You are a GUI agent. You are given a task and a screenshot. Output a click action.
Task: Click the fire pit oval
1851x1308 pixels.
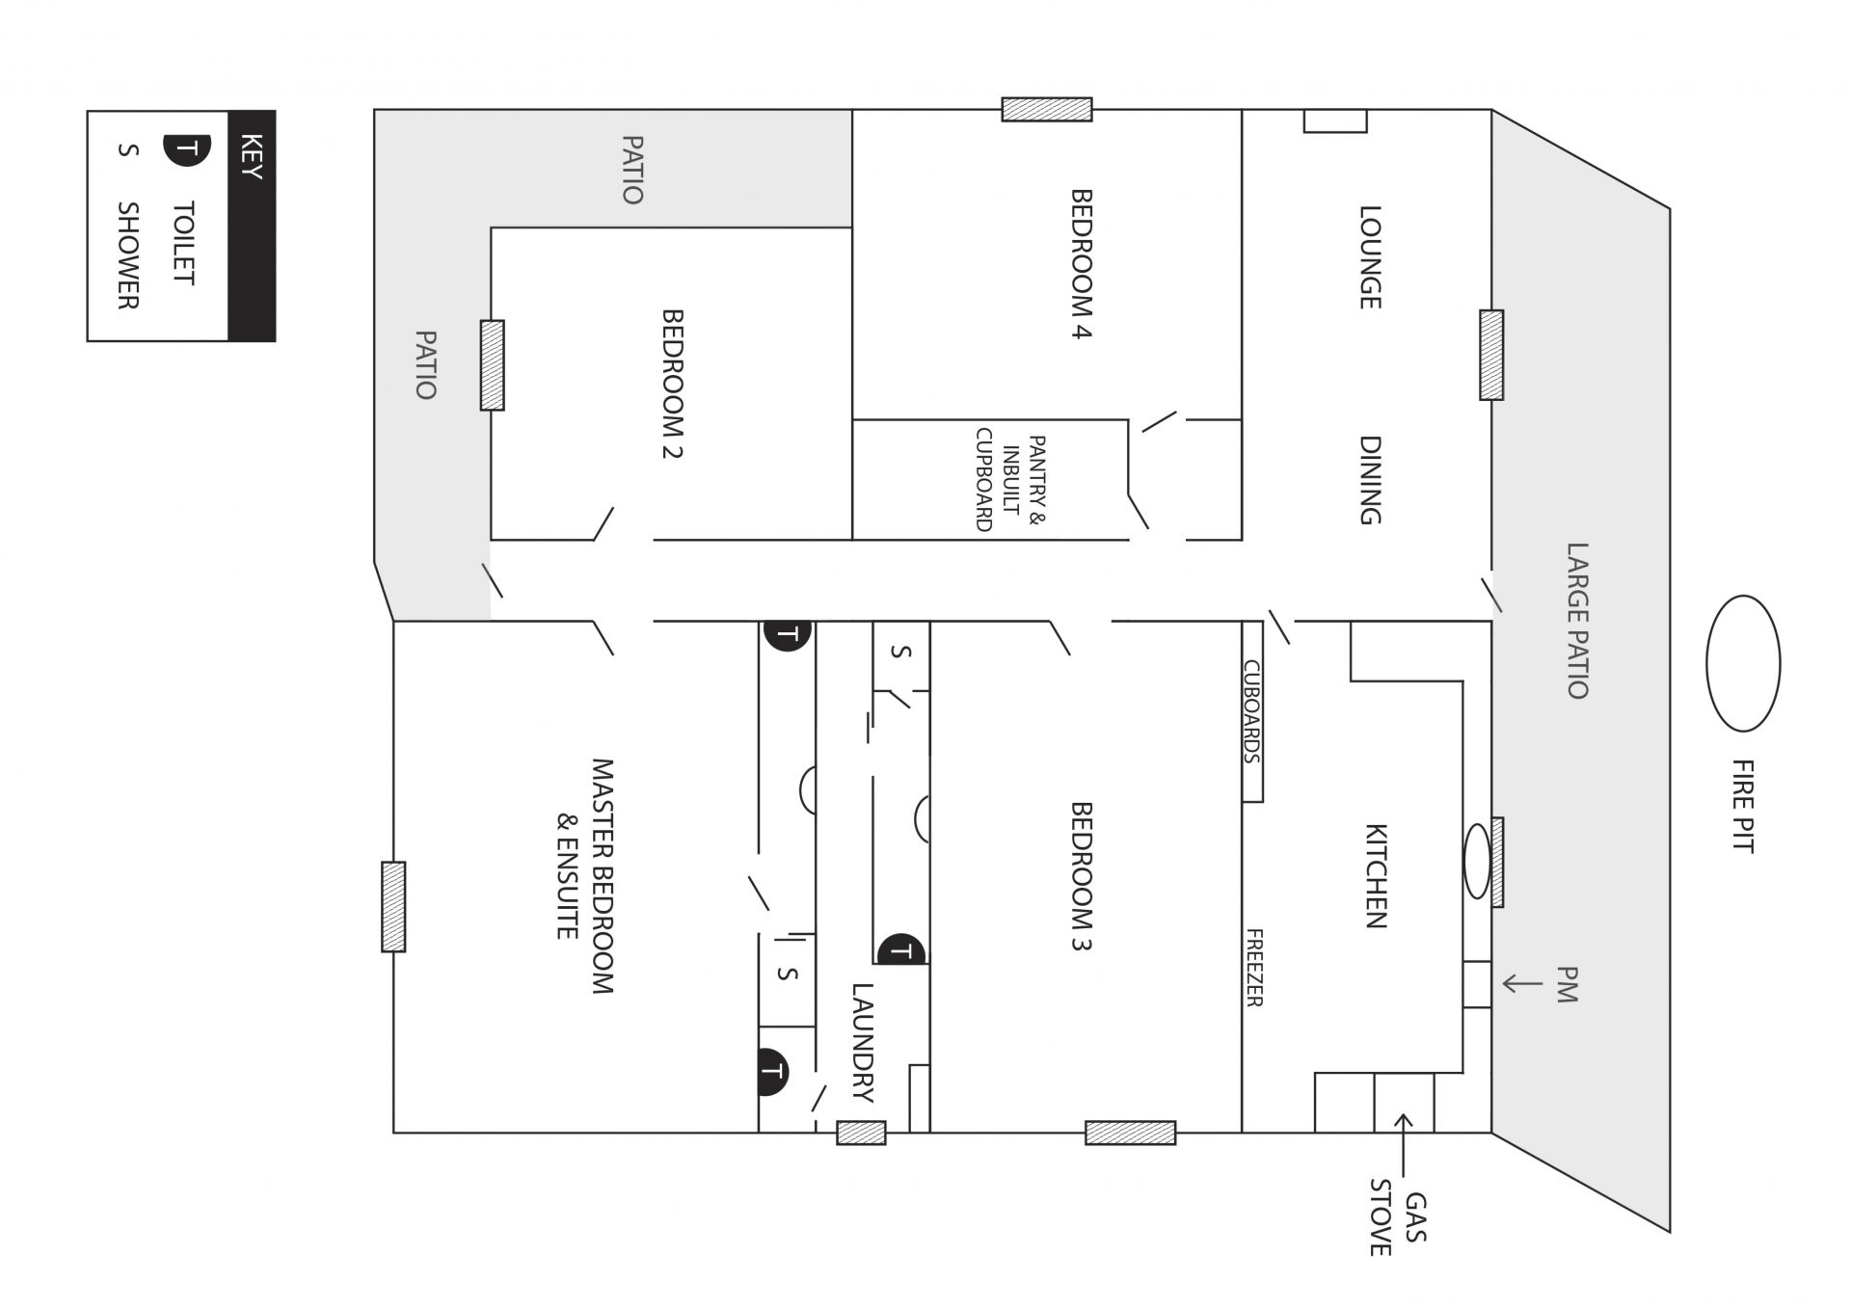coord(1742,663)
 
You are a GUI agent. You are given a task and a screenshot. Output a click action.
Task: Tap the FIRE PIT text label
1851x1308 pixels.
coord(1742,806)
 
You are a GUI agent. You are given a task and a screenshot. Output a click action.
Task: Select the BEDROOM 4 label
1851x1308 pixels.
coord(1082,264)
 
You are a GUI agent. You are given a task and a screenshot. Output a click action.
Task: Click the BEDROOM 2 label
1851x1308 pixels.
coord(672,384)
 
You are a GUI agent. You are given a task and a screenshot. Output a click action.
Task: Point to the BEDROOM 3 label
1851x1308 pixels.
coord(1082,876)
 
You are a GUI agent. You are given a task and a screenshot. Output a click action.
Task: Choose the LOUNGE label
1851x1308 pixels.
coord(1370,256)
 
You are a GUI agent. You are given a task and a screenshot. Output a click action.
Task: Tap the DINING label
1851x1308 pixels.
coord(1370,480)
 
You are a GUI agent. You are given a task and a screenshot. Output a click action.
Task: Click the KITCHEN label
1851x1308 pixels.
coord(1376,875)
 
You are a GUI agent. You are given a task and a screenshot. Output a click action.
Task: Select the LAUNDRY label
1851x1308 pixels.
coord(862,1042)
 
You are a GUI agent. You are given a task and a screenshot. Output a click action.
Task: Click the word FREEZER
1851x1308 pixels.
coord(1254,968)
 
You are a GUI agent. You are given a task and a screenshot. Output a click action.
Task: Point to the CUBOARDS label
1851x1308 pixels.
coord(1251,711)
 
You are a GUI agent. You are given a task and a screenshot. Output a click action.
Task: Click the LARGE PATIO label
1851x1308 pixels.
coord(1576,621)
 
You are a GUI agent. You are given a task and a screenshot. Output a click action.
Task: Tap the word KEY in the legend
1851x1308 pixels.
coord(250,156)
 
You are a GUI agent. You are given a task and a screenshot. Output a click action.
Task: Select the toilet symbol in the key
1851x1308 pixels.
coord(187,149)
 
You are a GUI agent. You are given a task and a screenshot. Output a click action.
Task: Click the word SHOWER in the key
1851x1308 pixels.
coord(127,255)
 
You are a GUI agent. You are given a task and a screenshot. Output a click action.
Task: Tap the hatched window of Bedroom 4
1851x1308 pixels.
coord(1047,110)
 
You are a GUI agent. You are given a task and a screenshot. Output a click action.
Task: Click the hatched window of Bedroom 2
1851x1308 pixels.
coord(493,365)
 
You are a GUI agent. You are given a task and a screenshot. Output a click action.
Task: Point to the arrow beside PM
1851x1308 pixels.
coord(1522,983)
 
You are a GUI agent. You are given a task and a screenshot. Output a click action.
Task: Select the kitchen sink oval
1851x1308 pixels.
coord(1477,861)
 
